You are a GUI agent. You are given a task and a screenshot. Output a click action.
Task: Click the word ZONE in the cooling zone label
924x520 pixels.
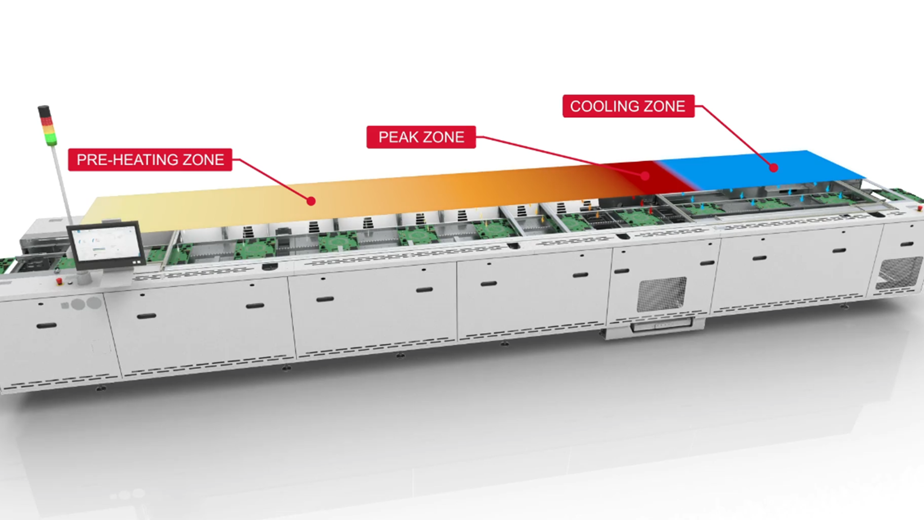point(666,106)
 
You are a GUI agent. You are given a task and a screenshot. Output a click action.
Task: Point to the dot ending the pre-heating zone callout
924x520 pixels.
point(311,201)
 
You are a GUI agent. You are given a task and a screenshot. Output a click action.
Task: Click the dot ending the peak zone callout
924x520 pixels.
point(645,176)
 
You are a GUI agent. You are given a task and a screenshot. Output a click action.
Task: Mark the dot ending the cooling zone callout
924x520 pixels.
point(773,168)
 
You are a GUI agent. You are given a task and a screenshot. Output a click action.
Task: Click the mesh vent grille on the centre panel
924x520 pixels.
point(662,294)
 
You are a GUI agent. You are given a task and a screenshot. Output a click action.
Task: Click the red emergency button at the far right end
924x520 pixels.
point(920,208)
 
